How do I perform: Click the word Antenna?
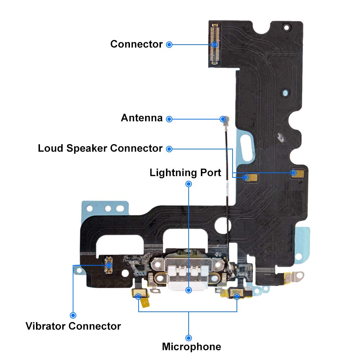[x=141, y=118]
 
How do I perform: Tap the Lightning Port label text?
[x=185, y=173]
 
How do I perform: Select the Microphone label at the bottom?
[x=192, y=347]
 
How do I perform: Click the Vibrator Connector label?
[x=73, y=326]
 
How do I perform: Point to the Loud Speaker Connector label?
[x=100, y=148]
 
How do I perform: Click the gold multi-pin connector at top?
[x=215, y=44]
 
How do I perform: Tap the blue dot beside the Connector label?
[x=169, y=45]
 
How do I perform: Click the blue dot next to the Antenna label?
[x=169, y=119]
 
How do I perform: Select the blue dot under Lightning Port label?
[x=189, y=184]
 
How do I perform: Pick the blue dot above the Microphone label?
[x=189, y=338]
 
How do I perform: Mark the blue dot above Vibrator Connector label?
[x=73, y=315]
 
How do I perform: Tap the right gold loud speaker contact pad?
[x=297, y=174]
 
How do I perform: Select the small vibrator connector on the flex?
[x=109, y=265]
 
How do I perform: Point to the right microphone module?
[x=237, y=294]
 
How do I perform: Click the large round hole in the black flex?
[x=222, y=225]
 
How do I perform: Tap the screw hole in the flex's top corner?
[x=286, y=28]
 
